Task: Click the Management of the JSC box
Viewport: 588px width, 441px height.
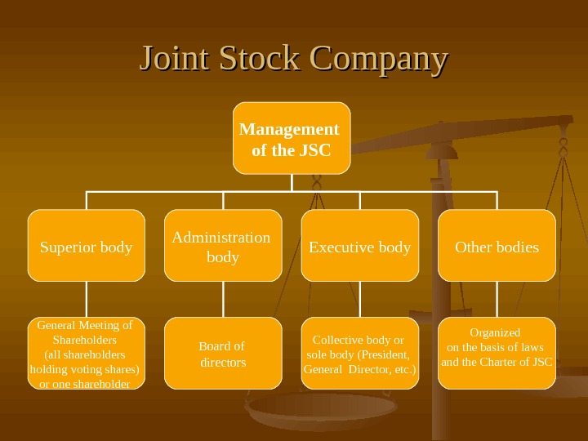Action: click(292, 138)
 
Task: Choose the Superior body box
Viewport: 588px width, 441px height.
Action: click(87, 246)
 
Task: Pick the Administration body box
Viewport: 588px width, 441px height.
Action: click(223, 246)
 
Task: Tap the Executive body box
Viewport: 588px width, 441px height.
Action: click(360, 246)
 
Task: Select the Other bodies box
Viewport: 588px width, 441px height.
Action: click(497, 246)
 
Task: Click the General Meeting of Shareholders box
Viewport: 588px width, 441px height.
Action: click(86, 354)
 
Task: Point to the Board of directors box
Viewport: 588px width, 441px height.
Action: click(223, 354)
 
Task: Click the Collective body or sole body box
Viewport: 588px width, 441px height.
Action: click(360, 354)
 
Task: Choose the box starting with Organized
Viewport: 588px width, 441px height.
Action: click(497, 354)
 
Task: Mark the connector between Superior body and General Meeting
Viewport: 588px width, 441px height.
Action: click(87, 299)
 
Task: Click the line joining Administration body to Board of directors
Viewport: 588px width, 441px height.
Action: click(223, 299)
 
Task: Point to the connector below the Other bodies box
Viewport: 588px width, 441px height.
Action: click(497, 299)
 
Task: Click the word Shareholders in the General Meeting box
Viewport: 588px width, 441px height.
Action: click(85, 339)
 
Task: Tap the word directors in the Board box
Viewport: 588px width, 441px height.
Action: click(223, 362)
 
